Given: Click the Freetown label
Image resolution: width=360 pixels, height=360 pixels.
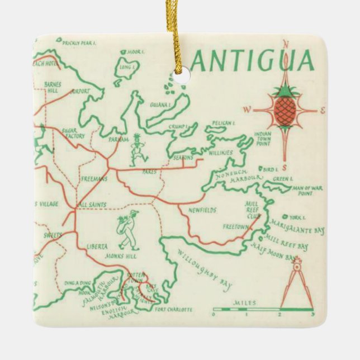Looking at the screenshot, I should coord(235,228).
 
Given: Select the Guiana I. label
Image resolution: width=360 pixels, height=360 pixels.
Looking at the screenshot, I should coord(159,104).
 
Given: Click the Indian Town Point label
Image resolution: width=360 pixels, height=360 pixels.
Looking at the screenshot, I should coord(262,138).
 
